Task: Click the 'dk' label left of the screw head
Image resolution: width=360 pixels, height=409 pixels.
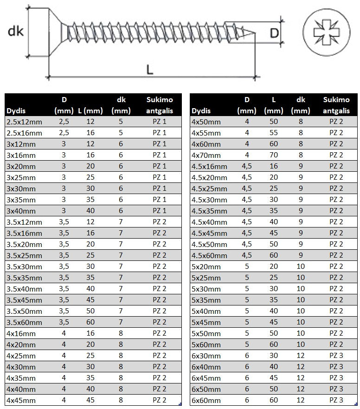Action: coord(15,32)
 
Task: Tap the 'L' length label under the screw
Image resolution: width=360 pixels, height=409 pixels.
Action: coord(149,69)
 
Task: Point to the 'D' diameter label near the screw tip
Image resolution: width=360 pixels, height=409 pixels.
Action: coord(275,33)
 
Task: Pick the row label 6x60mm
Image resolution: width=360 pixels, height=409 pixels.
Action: coord(206,400)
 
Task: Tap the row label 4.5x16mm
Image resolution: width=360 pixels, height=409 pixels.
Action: coord(209,166)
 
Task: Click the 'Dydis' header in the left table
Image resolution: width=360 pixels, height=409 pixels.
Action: coord(15,111)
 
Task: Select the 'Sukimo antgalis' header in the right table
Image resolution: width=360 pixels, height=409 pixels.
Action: coord(336,105)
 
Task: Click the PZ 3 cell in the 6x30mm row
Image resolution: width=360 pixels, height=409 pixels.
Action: coord(336,356)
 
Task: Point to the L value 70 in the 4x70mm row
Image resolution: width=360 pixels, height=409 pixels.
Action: coord(274,155)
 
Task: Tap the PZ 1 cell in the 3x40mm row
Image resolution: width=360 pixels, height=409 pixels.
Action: coord(159,211)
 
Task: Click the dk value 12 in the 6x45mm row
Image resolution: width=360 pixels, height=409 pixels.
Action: coord(301,378)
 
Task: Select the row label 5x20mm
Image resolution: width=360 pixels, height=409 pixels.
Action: coord(206,266)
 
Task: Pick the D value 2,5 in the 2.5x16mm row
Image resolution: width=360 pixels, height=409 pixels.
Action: coord(64,133)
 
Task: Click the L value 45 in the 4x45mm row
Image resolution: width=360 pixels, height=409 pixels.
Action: coord(90,400)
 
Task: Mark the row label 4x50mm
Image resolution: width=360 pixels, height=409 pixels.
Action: coord(206,122)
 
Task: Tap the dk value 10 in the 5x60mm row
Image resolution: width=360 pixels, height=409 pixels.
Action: coord(301,344)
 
